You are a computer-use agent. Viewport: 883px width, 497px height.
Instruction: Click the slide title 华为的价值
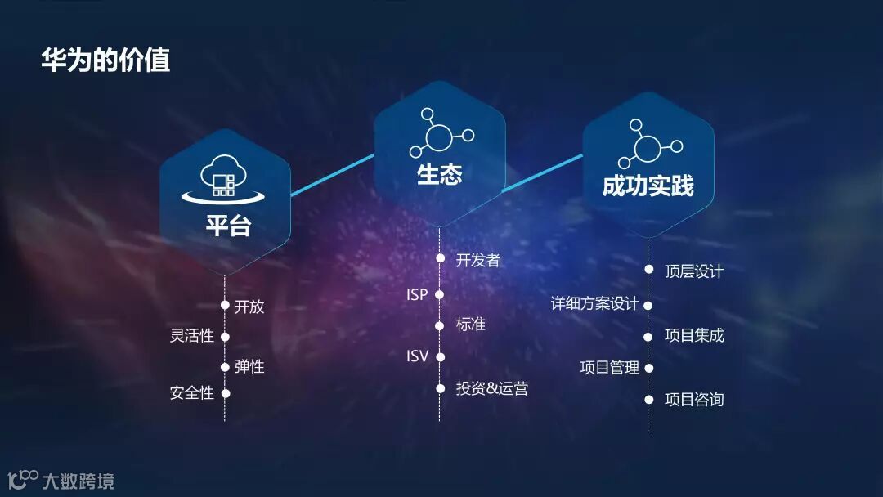pos(105,60)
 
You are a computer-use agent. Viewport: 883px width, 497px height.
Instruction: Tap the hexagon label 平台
pos(228,226)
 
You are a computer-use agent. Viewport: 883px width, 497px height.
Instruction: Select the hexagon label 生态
pos(439,175)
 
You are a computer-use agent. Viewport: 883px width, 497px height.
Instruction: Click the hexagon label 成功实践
pos(648,186)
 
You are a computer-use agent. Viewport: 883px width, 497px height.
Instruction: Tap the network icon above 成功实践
pos(648,145)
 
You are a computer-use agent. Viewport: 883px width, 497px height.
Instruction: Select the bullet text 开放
pos(249,307)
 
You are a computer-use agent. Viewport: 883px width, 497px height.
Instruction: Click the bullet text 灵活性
pos(191,336)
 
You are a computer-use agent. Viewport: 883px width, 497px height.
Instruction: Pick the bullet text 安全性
pos(191,393)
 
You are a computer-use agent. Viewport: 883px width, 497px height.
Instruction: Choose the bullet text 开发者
pos(477,260)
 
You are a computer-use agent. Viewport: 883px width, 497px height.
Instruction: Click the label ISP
pos(417,294)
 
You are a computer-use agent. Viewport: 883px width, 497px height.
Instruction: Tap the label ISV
pos(417,356)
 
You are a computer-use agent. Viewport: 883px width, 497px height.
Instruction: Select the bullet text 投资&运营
pos(491,388)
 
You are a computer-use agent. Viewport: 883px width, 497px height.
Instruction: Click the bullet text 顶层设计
pos(694,271)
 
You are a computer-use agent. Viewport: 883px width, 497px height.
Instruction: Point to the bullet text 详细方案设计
pos(594,304)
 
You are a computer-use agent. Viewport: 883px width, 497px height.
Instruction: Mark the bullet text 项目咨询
pos(694,400)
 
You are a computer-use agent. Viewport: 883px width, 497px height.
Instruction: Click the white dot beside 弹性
pos(225,366)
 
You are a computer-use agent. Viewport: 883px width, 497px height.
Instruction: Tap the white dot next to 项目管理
pos(648,368)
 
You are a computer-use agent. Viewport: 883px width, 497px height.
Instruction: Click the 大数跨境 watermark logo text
pos(78,481)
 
